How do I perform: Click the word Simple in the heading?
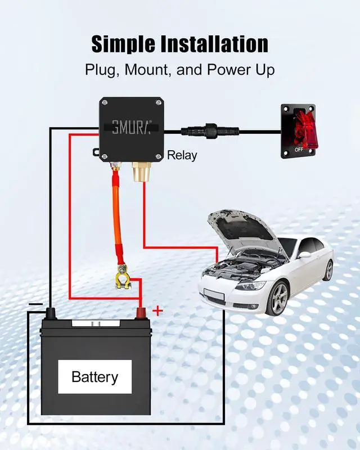(x=123, y=44)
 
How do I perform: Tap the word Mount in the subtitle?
(x=146, y=70)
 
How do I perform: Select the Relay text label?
(x=182, y=155)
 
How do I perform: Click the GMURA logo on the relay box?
(x=131, y=128)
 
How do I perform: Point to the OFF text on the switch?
(x=299, y=150)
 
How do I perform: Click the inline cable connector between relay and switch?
(x=210, y=132)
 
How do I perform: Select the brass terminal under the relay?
(x=141, y=172)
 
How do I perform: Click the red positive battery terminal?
(x=141, y=313)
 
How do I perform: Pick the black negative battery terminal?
(x=51, y=313)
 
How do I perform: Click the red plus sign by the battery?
(x=157, y=310)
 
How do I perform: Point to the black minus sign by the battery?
(x=35, y=304)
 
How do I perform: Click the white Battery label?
(x=94, y=376)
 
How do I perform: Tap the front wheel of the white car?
(x=277, y=298)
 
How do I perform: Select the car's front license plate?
(x=214, y=294)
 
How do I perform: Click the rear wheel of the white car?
(x=328, y=270)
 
